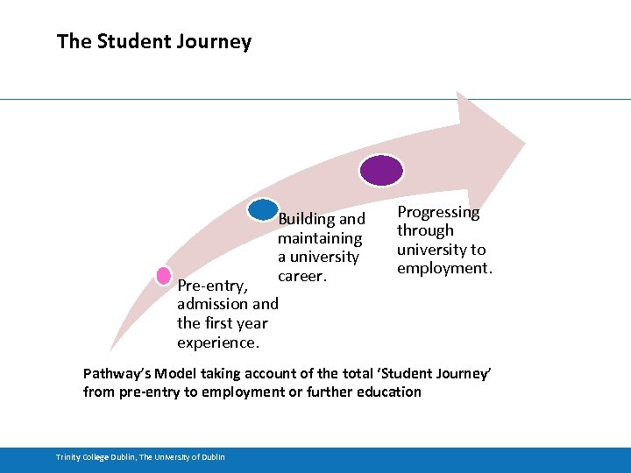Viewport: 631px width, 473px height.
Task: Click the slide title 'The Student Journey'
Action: pos(153,41)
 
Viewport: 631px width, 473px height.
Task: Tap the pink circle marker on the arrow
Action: pos(163,275)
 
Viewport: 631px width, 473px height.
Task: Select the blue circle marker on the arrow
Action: pos(263,209)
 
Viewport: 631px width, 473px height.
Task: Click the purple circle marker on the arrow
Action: pos(383,169)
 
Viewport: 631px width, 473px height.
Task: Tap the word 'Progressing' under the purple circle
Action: pos(438,212)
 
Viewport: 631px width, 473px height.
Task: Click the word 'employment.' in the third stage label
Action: pos(444,268)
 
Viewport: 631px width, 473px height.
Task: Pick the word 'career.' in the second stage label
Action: pos(302,276)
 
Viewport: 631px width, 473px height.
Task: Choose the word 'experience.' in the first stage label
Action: pos(217,342)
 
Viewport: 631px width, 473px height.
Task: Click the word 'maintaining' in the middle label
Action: pos(319,238)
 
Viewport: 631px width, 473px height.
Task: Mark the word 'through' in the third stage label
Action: pos(425,230)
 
